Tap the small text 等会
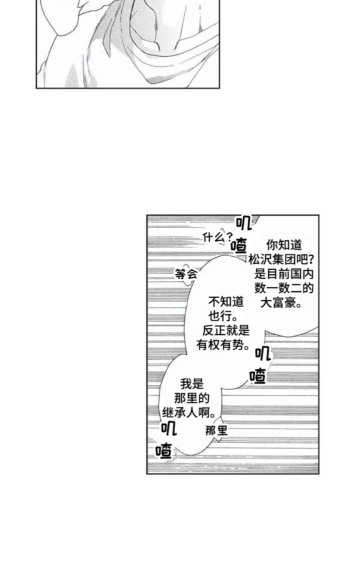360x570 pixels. [x=186, y=274]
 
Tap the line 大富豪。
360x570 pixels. [x=281, y=303]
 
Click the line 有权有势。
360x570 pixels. [x=223, y=345]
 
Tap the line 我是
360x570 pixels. [x=192, y=384]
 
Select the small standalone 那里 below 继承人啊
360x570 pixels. [x=216, y=431]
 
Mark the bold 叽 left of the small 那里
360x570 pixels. [x=168, y=429]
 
